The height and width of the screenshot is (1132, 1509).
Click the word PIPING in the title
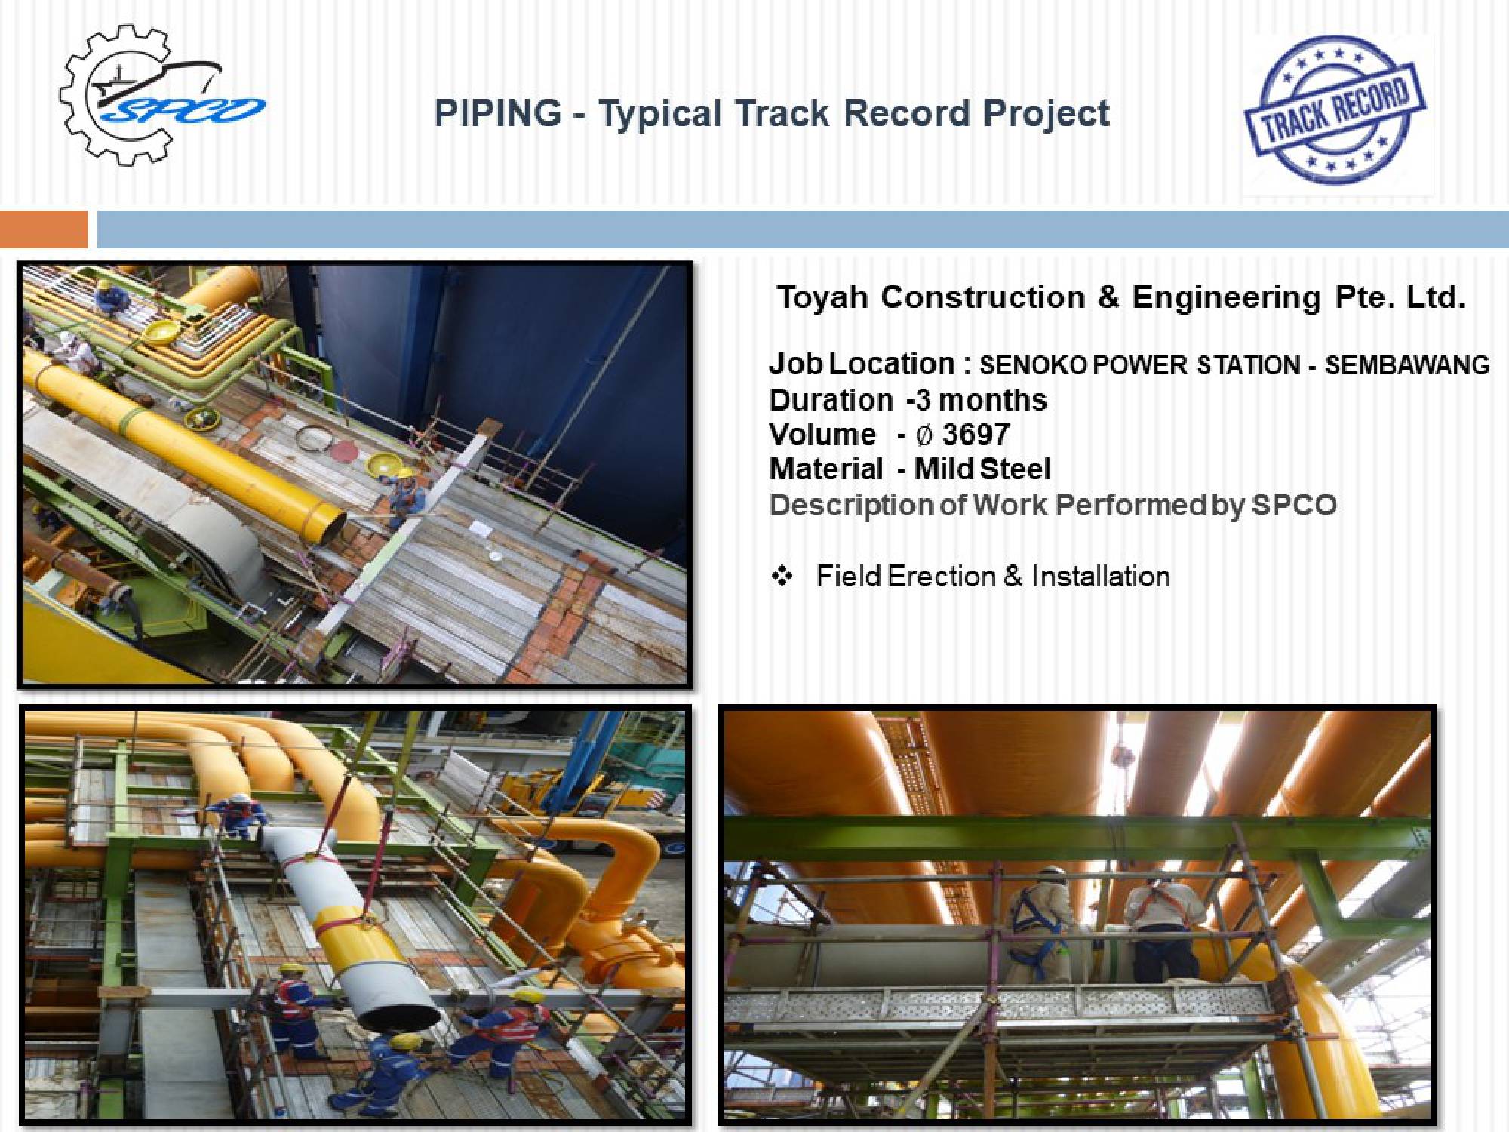(x=498, y=114)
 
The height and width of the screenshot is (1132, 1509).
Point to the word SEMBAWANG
(x=1407, y=365)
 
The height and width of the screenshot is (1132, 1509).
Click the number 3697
(x=976, y=435)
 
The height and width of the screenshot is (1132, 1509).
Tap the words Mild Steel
(x=982, y=469)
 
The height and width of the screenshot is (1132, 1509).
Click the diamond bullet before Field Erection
(x=782, y=577)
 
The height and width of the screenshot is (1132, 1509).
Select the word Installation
(x=1101, y=577)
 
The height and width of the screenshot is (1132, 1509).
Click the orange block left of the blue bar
(x=44, y=229)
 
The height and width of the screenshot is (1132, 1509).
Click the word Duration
(x=831, y=400)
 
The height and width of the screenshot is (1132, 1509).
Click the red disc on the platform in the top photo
(x=344, y=452)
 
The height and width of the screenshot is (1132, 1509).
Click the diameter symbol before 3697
(x=924, y=435)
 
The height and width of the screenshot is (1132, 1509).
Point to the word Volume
(x=822, y=435)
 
